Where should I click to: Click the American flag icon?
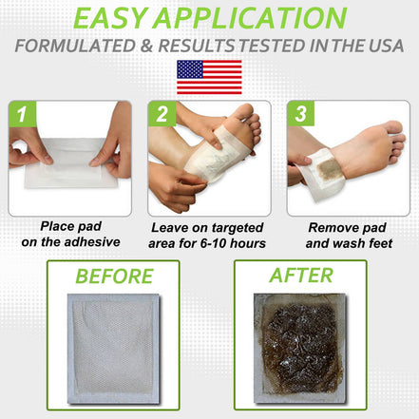coord(209,77)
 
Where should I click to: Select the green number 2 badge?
coord(161,114)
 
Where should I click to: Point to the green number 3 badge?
coord(299,114)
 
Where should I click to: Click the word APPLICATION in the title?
coord(257,20)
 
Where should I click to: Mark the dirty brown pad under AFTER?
coord(302,352)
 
